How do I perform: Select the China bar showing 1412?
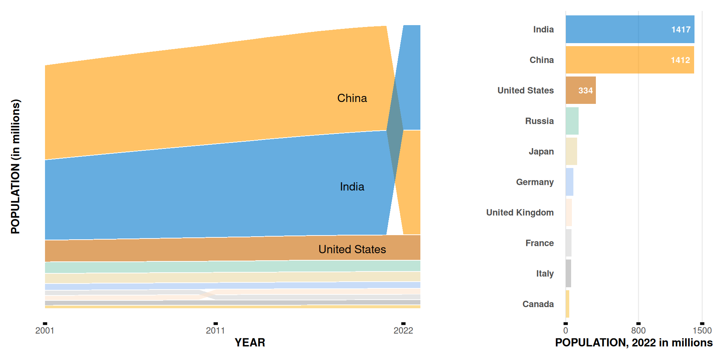click(x=619, y=60)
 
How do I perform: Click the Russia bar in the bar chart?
click(x=572, y=121)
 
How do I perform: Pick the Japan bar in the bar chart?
click(x=571, y=151)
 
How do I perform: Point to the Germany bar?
click(x=570, y=182)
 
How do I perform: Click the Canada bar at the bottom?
click(x=568, y=304)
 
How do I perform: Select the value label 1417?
click(x=681, y=30)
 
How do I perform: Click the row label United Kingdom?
click(x=520, y=213)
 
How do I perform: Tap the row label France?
click(x=539, y=243)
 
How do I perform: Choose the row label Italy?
click(x=544, y=274)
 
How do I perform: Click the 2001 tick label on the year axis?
click(x=45, y=330)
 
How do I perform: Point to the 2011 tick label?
click(x=215, y=330)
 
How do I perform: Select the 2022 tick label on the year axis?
click(x=403, y=330)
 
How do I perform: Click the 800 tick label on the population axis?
click(x=638, y=330)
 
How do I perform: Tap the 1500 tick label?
click(x=702, y=330)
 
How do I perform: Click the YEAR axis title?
click(x=250, y=342)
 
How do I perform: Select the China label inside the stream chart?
click(x=352, y=98)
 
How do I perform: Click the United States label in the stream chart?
click(x=352, y=249)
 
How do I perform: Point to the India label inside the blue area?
click(x=352, y=187)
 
